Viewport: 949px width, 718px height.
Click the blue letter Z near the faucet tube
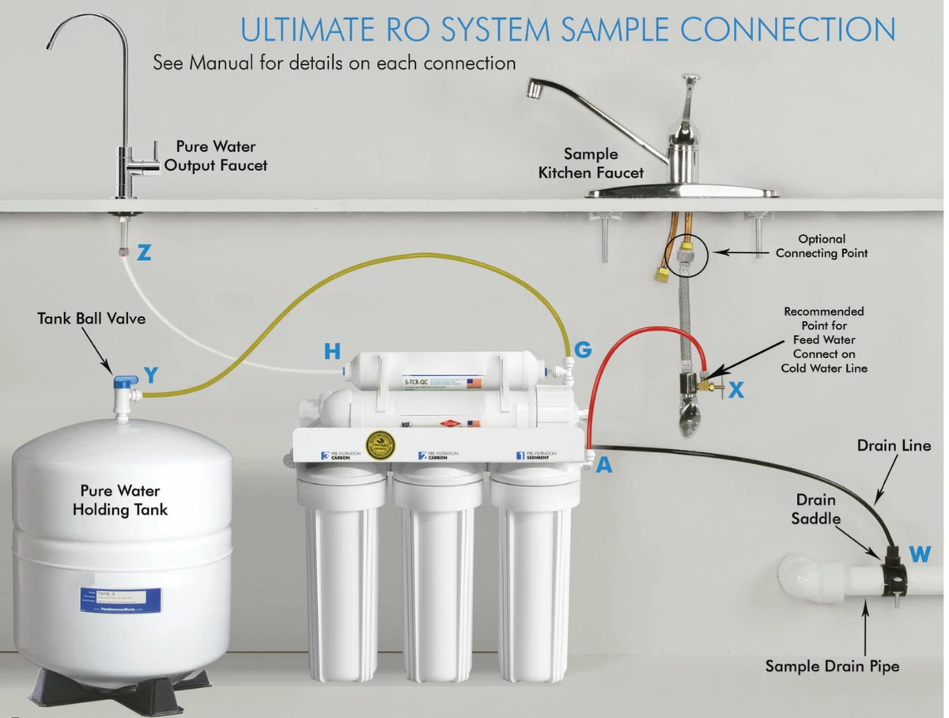pyautogui.click(x=144, y=253)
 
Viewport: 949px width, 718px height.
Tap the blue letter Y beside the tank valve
pyautogui.click(x=151, y=375)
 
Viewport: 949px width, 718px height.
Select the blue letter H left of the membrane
pyautogui.click(x=332, y=351)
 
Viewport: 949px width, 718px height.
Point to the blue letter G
pyautogui.click(x=583, y=350)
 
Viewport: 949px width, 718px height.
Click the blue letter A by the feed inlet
pyautogui.click(x=604, y=466)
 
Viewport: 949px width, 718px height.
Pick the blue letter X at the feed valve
pyautogui.click(x=736, y=389)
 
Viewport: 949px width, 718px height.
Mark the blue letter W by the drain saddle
pyautogui.click(x=920, y=554)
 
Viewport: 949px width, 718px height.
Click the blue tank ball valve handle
pyautogui.click(x=122, y=382)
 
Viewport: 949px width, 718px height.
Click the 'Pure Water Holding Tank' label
pyautogui.click(x=120, y=501)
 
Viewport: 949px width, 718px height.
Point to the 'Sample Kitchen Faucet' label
pyautogui.click(x=591, y=163)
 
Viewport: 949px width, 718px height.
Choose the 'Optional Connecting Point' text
pyautogui.click(x=821, y=246)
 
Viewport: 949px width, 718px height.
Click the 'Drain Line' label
pyautogui.click(x=894, y=446)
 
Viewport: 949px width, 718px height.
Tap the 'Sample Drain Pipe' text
pyautogui.click(x=832, y=667)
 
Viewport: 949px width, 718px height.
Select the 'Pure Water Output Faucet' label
pyautogui.click(x=216, y=156)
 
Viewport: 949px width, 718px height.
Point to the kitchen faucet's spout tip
pyautogui.click(x=535, y=89)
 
